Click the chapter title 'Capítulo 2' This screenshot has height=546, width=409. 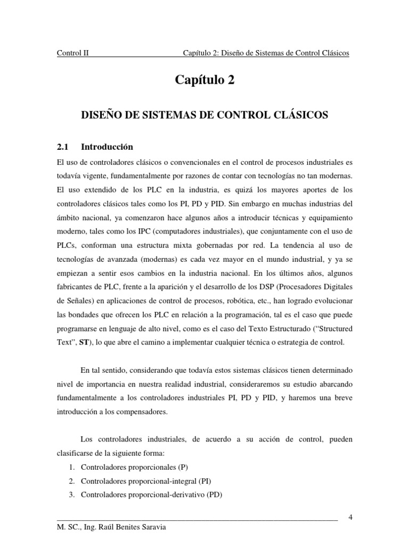(x=204, y=81)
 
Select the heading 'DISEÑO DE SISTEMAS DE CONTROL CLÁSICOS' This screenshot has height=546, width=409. (x=204, y=114)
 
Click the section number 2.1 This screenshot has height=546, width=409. (x=63, y=147)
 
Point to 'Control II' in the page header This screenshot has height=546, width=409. (x=73, y=53)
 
